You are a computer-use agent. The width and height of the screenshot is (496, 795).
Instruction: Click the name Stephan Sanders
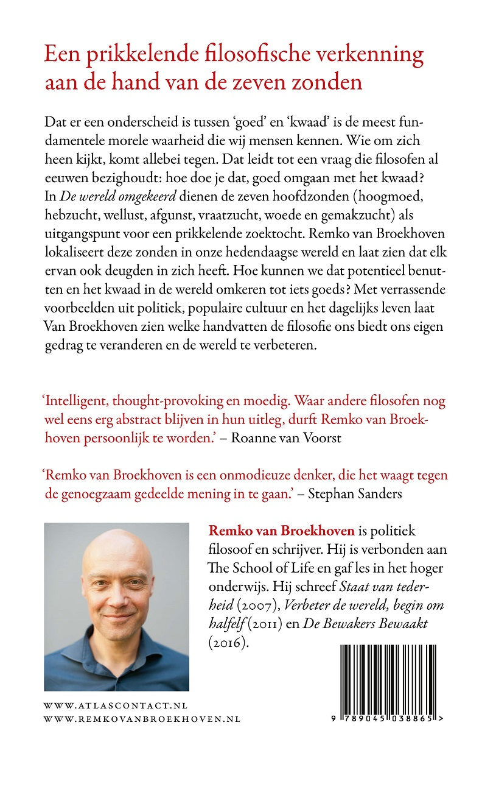[355, 493]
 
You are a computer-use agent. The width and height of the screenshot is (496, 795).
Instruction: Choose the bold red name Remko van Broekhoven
[281, 531]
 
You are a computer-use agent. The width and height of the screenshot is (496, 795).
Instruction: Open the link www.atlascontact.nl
[116, 705]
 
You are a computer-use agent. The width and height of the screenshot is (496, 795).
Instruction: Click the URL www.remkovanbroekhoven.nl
[142, 719]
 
